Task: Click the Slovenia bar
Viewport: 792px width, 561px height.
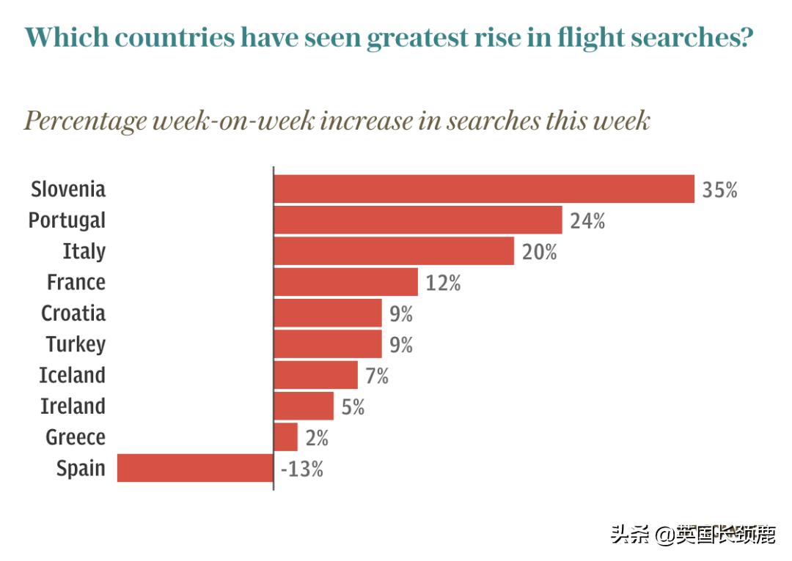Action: [484, 189]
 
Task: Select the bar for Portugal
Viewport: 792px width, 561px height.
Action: [418, 220]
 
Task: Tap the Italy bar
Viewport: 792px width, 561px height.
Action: [394, 251]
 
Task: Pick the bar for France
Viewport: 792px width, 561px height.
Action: [345, 282]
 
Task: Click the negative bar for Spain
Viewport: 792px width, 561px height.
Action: [195, 468]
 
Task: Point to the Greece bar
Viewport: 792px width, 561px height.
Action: [286, 437]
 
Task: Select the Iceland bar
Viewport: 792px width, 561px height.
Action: [316, 375]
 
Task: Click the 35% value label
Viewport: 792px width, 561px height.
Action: [719, 190]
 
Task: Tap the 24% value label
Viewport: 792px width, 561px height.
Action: [587, 220]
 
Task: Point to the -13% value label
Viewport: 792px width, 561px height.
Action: [301, 469]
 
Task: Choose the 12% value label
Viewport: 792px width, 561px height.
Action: [443, 283]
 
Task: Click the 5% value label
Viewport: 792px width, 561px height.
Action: [353, 406]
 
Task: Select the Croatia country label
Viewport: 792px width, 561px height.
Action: [73, 313]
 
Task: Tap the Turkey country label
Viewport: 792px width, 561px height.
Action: [76, 344]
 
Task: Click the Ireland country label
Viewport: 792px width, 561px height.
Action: [73, 406]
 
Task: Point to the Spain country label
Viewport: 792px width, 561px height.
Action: [81, 469]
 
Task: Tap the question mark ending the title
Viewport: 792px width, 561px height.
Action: [746, 37]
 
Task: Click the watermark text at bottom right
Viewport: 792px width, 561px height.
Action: [692, 535]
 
